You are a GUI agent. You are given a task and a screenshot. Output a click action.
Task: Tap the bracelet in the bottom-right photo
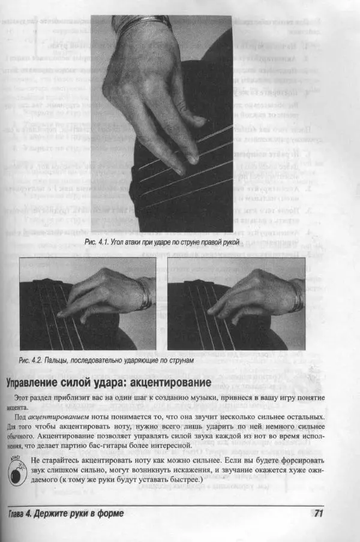point(296,294)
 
